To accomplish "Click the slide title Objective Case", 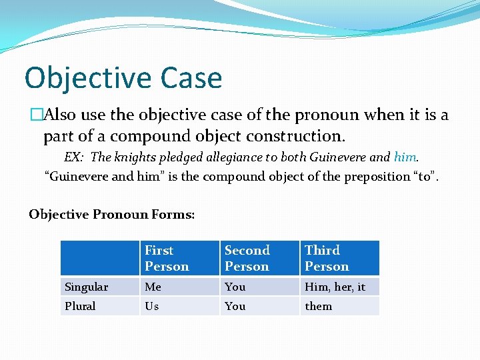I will click(123, 78).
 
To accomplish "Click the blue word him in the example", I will click(405, 157).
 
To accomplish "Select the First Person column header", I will click(167, 259).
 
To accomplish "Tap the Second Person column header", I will click(247, 259).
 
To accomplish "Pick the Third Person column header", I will click(327, 259).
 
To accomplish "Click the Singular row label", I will click(86, 287).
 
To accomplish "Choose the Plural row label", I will click(80, 306).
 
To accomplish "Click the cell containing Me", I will click(153, 287).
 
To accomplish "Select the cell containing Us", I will click(152, 306).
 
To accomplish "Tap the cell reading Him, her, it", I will click(335, 287).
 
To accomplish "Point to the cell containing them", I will click(318, 306).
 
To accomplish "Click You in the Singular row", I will click(235, 287).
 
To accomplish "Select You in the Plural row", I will click(235, 306).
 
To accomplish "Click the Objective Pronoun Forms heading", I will click(112, 214).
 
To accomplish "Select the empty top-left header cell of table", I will click(100, 259).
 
